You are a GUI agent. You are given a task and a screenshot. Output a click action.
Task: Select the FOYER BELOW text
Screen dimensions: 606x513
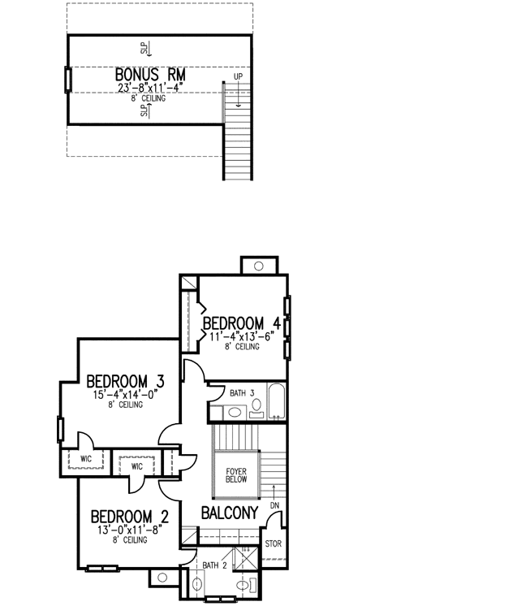(236, 475)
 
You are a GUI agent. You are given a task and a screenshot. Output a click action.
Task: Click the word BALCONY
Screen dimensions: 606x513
(229, 513)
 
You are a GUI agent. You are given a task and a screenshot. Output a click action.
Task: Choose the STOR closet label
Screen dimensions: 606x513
(274, 543)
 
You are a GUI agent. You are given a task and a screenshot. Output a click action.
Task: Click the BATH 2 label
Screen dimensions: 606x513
(214, 565)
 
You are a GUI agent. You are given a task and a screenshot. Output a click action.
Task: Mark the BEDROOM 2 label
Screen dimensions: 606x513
(129, 517)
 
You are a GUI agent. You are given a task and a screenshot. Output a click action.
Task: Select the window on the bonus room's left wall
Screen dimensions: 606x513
(67, 80)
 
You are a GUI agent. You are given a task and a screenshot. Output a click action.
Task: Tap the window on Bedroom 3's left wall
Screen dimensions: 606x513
(60, 429)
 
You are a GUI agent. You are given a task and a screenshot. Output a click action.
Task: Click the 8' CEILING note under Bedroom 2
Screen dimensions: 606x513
(126, 539)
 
